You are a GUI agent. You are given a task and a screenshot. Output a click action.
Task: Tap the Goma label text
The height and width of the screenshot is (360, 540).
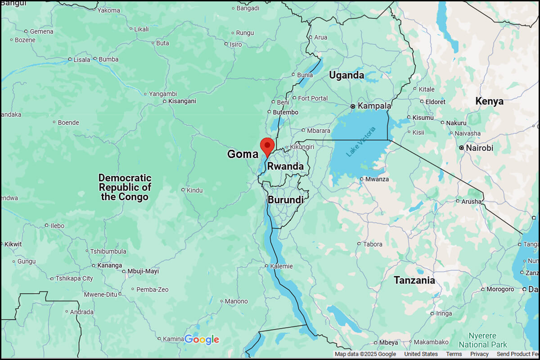[x=243, y=154]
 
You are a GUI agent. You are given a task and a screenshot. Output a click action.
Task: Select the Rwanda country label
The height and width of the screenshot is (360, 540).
[x=285, y=166]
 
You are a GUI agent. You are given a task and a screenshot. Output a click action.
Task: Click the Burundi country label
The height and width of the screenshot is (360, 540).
[x=285, y=199]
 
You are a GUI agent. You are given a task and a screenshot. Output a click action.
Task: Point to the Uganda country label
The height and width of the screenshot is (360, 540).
[x=346, y=76]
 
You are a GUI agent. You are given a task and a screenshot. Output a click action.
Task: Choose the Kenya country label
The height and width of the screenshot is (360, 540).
[x=489, y=102]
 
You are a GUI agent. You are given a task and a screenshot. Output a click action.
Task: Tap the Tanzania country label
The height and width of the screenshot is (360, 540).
[x=414, y=280]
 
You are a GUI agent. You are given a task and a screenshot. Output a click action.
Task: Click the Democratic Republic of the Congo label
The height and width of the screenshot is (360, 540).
[x=125, y=187]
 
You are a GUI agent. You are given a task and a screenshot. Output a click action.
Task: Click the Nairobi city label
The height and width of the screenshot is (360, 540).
[x=479, y=148]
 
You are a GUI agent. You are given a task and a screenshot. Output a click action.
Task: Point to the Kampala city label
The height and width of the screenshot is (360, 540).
[x=374, y=106]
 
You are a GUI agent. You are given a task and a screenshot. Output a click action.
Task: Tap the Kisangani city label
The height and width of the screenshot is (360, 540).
[x=182, y=101]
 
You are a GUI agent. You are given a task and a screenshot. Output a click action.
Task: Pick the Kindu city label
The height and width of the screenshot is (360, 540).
[x=194, y=190]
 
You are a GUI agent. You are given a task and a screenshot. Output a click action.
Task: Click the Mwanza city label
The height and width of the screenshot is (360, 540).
[x=377, y=179]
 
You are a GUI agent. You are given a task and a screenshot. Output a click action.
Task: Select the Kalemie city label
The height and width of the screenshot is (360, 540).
[x=281, y=266]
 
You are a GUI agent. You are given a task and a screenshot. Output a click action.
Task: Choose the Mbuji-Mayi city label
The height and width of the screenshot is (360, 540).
[x=143, y=271]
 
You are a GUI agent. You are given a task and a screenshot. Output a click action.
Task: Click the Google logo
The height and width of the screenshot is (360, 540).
[x=202, y=340]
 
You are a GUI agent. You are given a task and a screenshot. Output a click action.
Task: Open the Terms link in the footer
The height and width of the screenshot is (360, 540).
[x=454, y=354]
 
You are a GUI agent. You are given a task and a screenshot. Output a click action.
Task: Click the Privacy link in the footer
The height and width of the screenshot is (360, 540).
[x=479, y=354]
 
